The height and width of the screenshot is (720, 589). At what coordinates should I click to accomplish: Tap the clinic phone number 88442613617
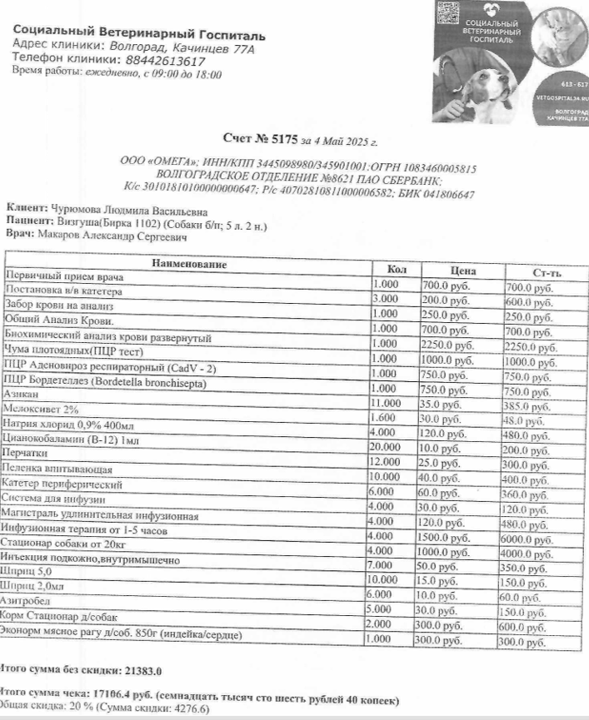tap(165, 61)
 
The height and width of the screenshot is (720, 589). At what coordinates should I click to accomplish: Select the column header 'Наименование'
tap(188, 264)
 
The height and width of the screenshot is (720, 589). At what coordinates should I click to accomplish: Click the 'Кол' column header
tap(397, 268)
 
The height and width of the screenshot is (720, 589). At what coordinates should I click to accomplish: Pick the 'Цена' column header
tap(462, 271)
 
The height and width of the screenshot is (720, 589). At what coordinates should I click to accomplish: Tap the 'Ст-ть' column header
tap(546, 274)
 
